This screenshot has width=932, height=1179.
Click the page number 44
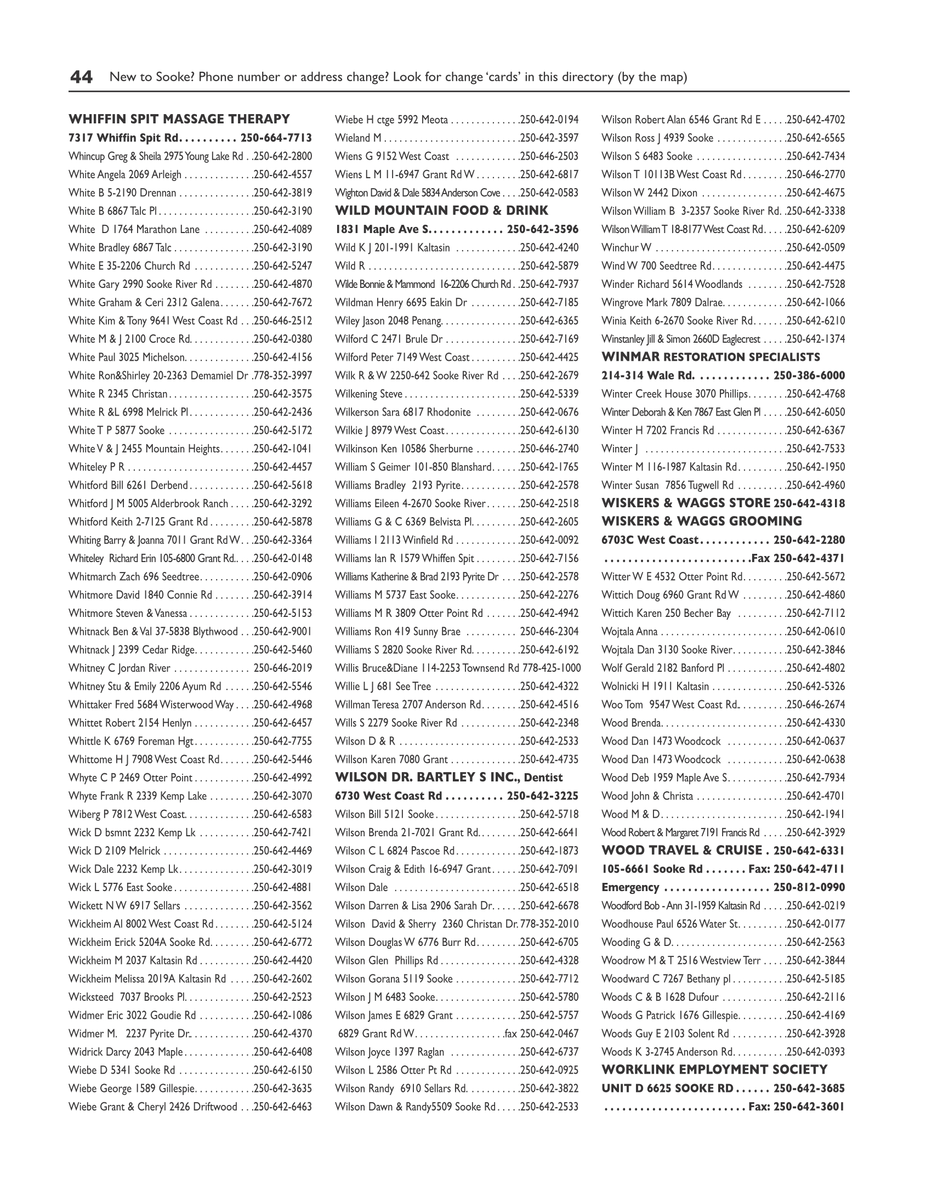pyautogui.click(x=81, y=77)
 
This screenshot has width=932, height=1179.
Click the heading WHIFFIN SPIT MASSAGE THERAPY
pyautogui.click(x=179, y=119)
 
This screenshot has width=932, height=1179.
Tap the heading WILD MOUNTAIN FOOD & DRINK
pyautogui.click(x=441, y=211)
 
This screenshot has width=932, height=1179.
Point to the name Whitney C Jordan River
pyautogui.click(x=120, y=668)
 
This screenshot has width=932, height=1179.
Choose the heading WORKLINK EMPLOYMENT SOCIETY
pyautogui.click(x=714, y=1070)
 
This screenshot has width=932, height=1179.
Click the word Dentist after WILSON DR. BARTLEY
pyautogui.click(x=543, y=778)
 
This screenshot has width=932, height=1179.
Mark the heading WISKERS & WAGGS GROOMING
pyautogui.click(x=702, y=522)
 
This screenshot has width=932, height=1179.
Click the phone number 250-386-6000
pyautogui.click(x=809, y=376)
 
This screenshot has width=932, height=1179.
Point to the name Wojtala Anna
pyautogui.click(x=629, y=631)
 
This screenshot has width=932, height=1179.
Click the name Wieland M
pyautogui.click(x=358, y=138)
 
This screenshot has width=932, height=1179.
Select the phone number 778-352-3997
pyautogui.click(x=283, y=376)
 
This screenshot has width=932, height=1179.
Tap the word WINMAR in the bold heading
pyautogui.click(x=630, y=357)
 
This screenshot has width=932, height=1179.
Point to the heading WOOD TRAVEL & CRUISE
pyautogui.click(x=682, y=851)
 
